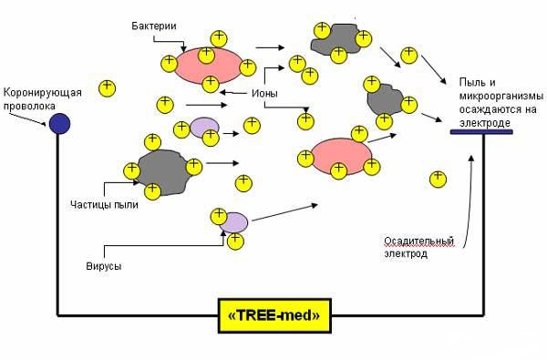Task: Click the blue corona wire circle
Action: pos(59,124)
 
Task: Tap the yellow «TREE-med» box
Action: pos(274,315)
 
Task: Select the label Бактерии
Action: pos(154,26)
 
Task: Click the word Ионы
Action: pos(264,94)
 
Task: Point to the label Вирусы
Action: pos(104,266)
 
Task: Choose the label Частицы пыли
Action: pos(104,204)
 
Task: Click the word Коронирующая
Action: pos(43,93)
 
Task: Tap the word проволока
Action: pos(29,106)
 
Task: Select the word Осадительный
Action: pos(419,241)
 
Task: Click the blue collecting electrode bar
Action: pos(481,132)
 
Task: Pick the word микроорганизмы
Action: pos(501,97)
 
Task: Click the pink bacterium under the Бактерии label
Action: pos(208,66)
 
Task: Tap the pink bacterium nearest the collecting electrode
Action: pos(342,156)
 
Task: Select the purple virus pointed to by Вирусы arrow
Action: pos(233,222)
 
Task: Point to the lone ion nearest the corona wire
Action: pos(107,88)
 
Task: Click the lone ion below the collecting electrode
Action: pos(439,180)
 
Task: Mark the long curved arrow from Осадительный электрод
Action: pos(470,202)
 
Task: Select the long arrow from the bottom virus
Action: pos(284,212)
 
